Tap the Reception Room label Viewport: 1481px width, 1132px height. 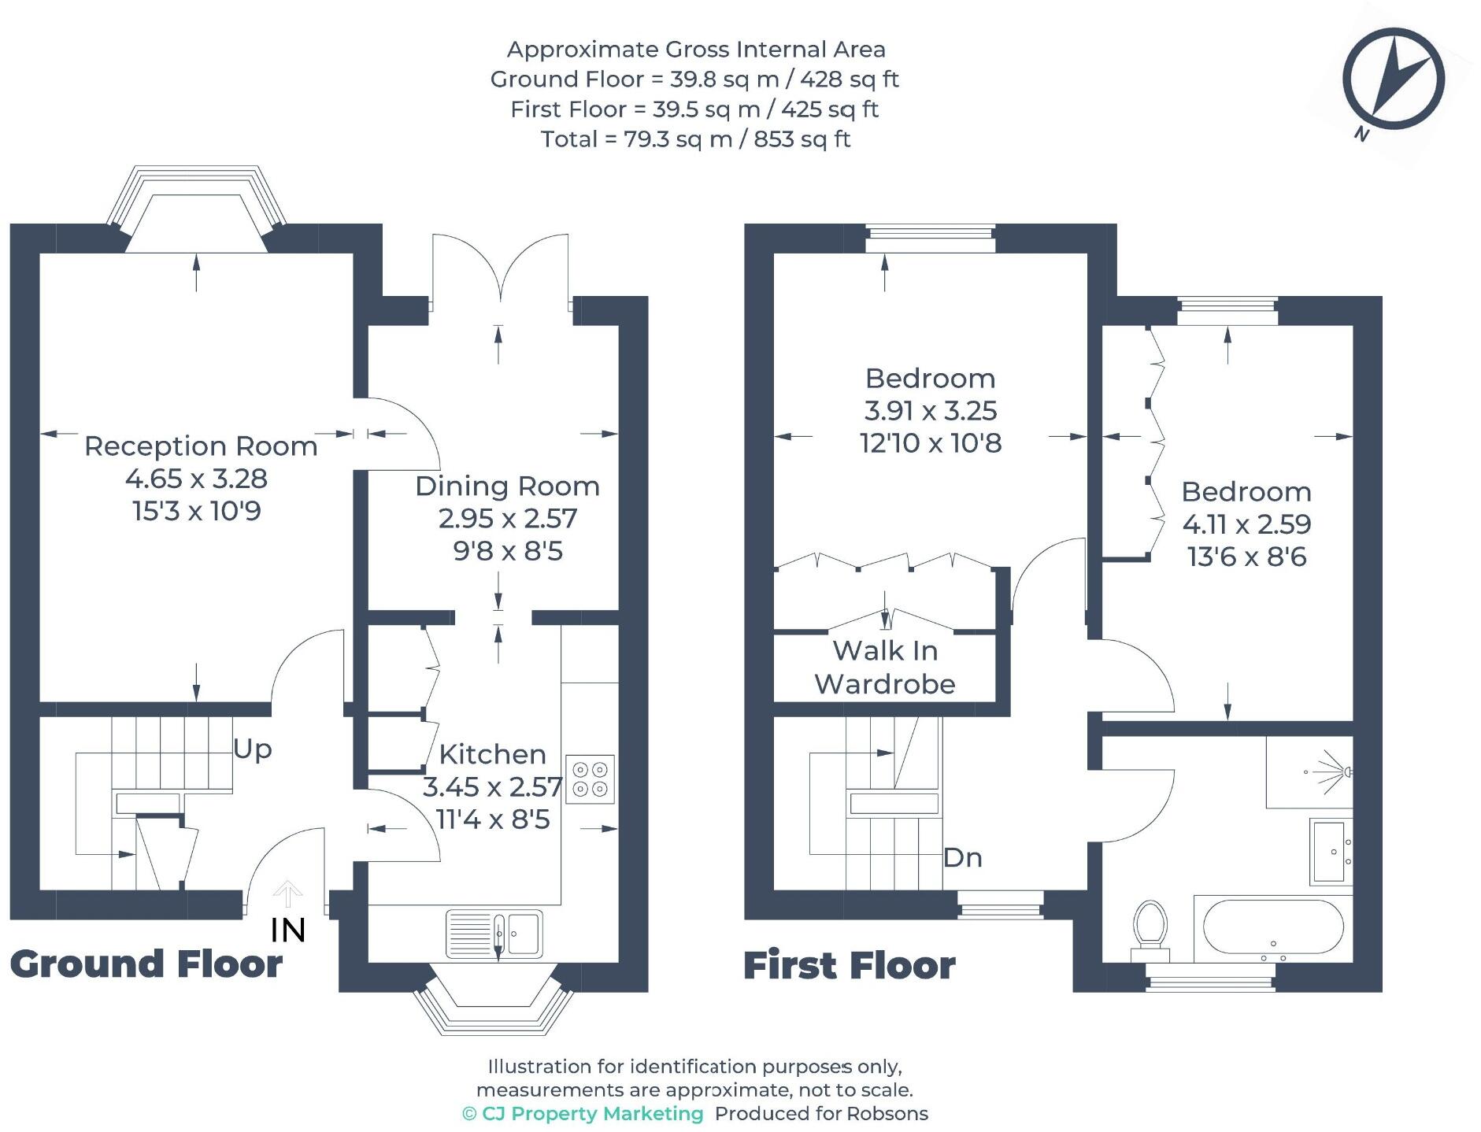(x=201, y=446)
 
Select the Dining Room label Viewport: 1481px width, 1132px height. (x=508, y=486)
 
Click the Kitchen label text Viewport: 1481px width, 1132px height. (x=493, y=754)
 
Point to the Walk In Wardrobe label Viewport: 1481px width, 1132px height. (x=885, y=667)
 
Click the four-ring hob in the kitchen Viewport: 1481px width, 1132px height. (x=591, y=779)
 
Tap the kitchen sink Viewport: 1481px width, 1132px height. (x=494, y=934)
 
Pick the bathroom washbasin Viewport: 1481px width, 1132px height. (x=1331, y=852)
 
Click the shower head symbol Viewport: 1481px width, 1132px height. (x=1331, y=771)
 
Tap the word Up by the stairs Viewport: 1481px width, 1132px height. (x=253, y=749)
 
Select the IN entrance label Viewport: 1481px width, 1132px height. (x=288, y=930)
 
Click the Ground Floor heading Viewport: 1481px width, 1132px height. (x=146, y=964)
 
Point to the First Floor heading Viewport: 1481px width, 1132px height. (x=850, y=965)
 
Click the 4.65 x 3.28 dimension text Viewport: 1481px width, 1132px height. (x=197, y=478)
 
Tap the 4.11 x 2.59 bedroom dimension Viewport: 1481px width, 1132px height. (x=1247, y=523)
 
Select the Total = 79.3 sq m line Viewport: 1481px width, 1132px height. (x=696, y=139)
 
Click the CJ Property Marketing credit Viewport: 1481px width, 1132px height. (x=583, y=1113)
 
